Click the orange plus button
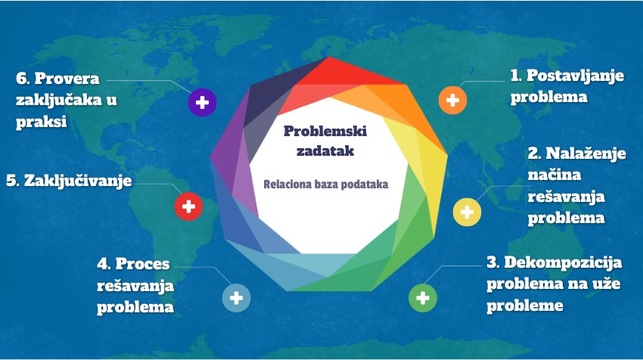pyautogui.click(x=452, y=100)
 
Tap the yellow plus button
pyautogui.click(x=467, y=212)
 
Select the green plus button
pyautogui.click(x=423, y=297)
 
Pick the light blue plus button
pyautogui.click(x=236, y=297)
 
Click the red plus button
pyautogui.click(x=188, y=206)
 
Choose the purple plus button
pyautogui.click(x=202, y=102)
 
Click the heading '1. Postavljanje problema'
pyautogui.click(x=561, y=86)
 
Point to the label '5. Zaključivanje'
pyautogui.click(x=68, y=182)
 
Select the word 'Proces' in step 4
pyautogui.click(x=142, y=265)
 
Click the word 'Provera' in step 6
pyautogui.click(x=73, y=78)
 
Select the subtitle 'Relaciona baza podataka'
pyautogui.click(x=325, y=184)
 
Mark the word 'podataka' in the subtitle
pyautogui.click(x=365, y=184)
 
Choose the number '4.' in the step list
pyautogui.click(x=104, y=265)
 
